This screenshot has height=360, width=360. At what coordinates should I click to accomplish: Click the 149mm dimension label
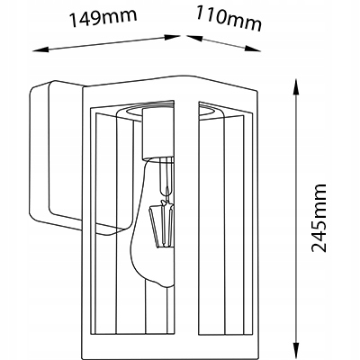103,17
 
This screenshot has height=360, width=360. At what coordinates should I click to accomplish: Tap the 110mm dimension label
229,18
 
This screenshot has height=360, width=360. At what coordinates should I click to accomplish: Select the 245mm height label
319,218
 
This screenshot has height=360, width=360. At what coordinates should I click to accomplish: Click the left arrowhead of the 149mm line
40,49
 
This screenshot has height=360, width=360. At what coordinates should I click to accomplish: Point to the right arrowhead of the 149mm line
172,37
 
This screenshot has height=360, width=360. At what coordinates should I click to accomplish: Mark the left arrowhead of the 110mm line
194,38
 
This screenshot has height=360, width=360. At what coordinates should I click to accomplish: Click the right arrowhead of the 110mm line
253,49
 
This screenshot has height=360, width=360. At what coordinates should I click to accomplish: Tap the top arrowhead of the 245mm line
296,87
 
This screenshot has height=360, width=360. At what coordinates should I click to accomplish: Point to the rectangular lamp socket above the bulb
158,133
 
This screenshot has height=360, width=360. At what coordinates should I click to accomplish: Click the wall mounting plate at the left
57,156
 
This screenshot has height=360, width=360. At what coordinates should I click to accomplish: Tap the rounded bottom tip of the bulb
164,284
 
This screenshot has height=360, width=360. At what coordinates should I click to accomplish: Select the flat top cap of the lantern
171,83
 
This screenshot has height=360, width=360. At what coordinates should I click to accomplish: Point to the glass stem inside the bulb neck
165,178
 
